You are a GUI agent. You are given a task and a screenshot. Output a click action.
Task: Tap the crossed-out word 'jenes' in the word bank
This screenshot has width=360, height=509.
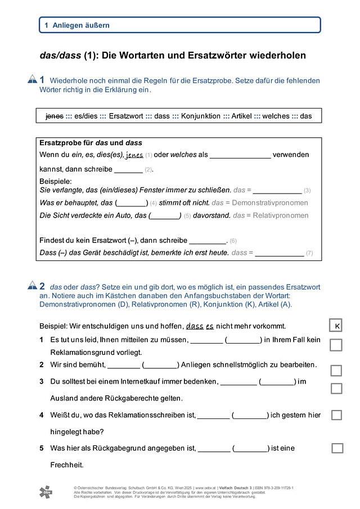pyautogui.click(x=54, y=116)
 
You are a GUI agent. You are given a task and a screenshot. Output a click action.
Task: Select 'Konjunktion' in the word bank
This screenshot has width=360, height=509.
pyautogui.click(x=201, y=116)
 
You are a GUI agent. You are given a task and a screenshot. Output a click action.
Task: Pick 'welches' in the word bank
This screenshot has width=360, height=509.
pyautogui.click(x=276, y=116)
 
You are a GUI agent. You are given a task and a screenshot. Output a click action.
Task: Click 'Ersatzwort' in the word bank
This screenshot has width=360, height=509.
pyautogui.click(x=126, y=116)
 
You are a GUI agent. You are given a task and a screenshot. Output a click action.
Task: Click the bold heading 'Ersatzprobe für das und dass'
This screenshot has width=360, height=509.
pyautogui.click(x=91, y=143)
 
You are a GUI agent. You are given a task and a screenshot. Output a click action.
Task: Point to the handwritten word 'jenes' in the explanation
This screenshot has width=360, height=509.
pyautogui.click(x=134, y=155)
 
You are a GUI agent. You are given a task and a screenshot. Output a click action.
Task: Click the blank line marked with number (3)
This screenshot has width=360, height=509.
pyautogui.click(x=277, y=190)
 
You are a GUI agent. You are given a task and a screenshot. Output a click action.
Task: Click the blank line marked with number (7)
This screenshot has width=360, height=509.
pyautogui.click(x=279, y=253)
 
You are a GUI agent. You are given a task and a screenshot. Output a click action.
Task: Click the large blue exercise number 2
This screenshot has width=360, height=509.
pyautogui.click(x=42, y=286)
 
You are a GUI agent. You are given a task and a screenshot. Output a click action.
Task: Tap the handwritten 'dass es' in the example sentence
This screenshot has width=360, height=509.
pyautogui.click(x=200, y=326)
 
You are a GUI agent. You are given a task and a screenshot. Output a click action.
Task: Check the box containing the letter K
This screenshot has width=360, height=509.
pyautogui.click(x=336, y=326)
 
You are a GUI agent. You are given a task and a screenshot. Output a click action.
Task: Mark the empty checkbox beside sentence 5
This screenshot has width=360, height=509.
pyautogui.click(x=337, y=448)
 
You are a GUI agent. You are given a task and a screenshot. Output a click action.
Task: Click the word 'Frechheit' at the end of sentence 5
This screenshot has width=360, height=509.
pyautogui.click(x=66, y=465)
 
